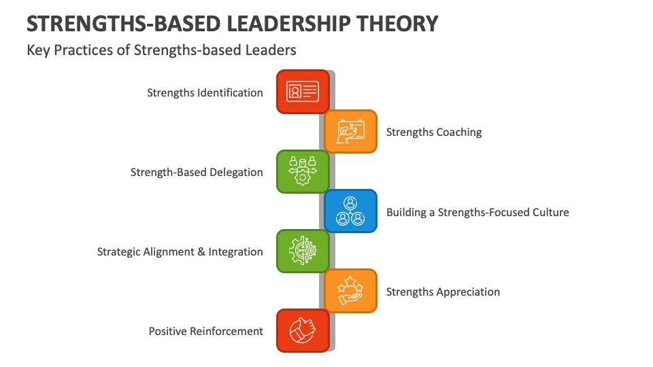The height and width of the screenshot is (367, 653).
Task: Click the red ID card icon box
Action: point(303,91)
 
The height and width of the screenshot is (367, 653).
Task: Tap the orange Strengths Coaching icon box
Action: point(350,131)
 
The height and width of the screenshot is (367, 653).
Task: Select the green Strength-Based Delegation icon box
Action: point(303,171)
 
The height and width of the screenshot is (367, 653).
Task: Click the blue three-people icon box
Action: point(350,211)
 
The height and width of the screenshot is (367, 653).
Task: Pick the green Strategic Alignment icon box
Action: point(303,251)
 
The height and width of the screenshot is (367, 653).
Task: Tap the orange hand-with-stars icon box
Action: point(350,291)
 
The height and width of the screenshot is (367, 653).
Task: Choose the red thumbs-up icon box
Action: point(303,331)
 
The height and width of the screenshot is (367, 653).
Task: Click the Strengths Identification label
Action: point(205,92)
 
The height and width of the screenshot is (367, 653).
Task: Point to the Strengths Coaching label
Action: point(434,132)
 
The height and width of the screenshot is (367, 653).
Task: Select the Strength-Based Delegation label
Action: point(197,172)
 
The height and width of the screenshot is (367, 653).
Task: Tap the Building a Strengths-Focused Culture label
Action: point(478,212)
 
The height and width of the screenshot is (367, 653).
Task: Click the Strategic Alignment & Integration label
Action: point(180,251)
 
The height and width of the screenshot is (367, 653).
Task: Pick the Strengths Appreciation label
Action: point(443,292)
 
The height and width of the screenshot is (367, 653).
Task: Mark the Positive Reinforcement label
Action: point(205,331)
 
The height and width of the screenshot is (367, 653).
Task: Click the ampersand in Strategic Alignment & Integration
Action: point(201,251)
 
